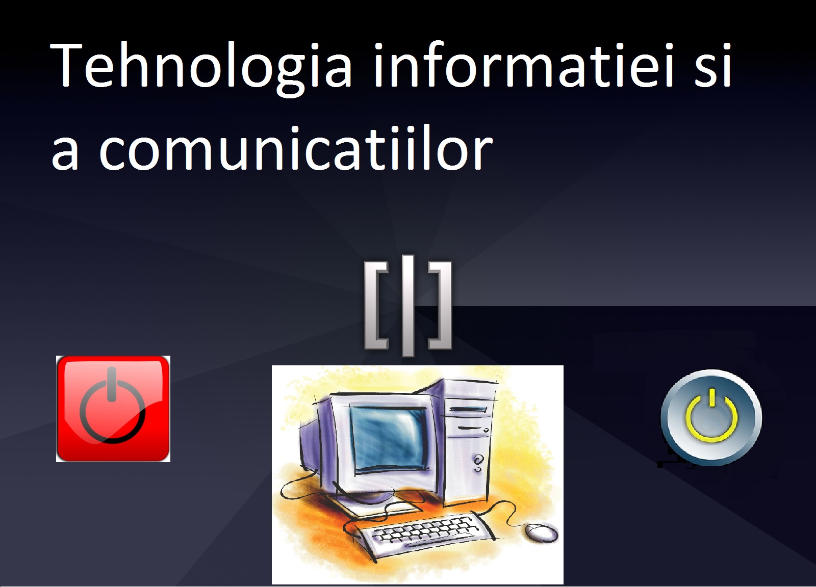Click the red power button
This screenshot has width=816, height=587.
click(113, 409)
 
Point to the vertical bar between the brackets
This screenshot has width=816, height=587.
click(408, 306)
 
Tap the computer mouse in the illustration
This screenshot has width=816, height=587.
click(541, 532)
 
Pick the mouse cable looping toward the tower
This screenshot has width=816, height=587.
click(510, 510)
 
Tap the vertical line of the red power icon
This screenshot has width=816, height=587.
click(112, 384)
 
